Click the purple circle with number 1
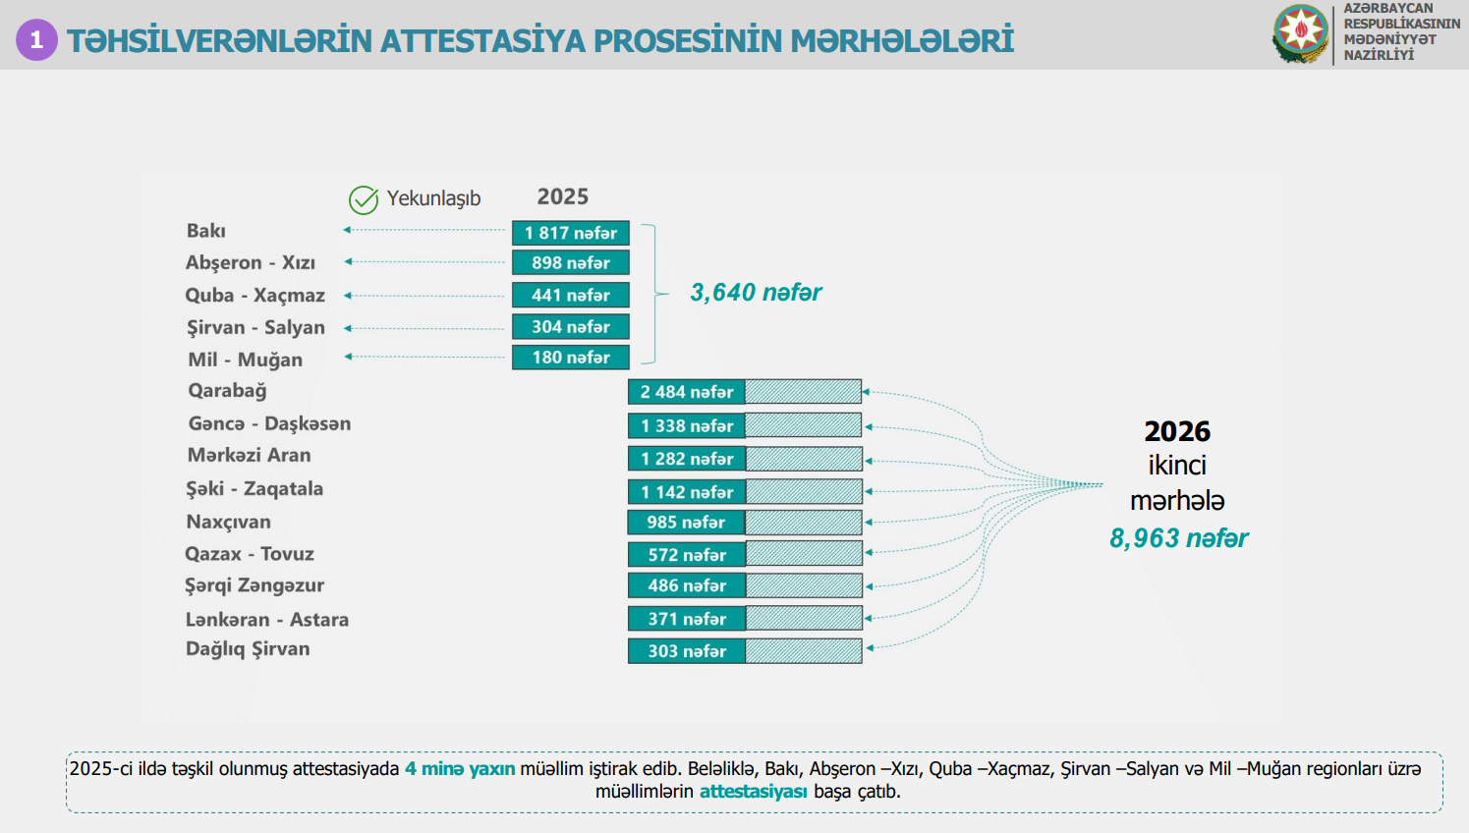36,40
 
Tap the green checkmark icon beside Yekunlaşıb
364,199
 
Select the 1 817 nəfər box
570,233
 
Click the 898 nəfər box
570,263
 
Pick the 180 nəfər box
570,358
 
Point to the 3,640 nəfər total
756,293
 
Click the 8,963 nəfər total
1178,538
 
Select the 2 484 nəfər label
687,392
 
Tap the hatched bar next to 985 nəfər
803,523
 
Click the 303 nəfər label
687,651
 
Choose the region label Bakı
206,231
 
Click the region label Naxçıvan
228,522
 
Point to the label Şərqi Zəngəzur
254,585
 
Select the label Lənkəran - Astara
267,620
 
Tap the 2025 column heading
562,196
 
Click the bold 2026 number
1177,431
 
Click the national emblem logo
1300,33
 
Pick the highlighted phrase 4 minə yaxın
460,769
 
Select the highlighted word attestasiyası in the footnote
753,792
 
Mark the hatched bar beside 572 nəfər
803,555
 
